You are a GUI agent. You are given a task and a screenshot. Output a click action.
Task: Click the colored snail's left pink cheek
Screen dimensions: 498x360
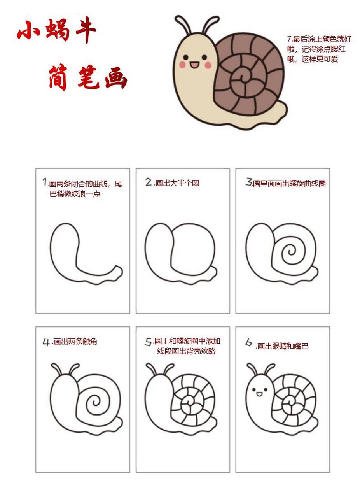[x=182, y=65]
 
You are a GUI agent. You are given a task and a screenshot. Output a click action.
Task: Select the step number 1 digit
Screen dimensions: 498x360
[x=45, y=182]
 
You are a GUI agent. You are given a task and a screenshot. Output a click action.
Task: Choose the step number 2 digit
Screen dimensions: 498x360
[x=149, y=182]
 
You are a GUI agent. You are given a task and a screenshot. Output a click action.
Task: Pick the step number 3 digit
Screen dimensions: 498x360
[x=249, y=182]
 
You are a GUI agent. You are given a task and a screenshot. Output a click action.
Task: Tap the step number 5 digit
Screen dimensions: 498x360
[x=148, y=342]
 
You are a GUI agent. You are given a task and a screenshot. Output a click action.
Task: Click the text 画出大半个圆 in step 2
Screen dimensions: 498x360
[x=177, y=183]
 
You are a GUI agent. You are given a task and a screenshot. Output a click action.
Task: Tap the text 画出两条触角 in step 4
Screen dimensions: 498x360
[x=75, y=342]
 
